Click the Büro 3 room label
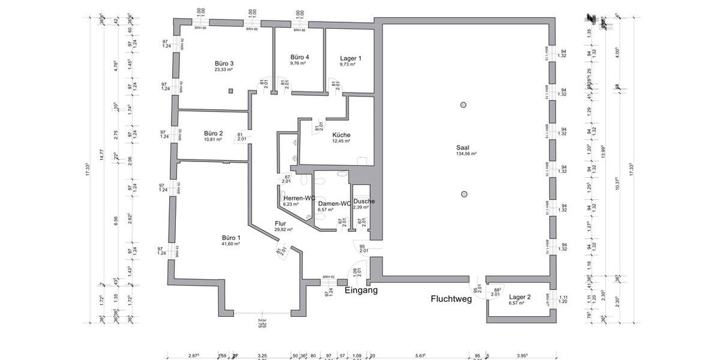tap(224, 63)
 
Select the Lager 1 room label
tap(350, 58)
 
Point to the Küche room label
tap(341, 135)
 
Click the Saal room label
tap(466, 147)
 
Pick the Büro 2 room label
tap(213, 133)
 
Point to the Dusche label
tap(364, 201)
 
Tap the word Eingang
tap(361, 290)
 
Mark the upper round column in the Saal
tap(463, 105)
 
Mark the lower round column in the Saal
tap(463, 194)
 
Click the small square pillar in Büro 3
tap(230, 91)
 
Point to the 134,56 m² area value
tap(466, 154)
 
